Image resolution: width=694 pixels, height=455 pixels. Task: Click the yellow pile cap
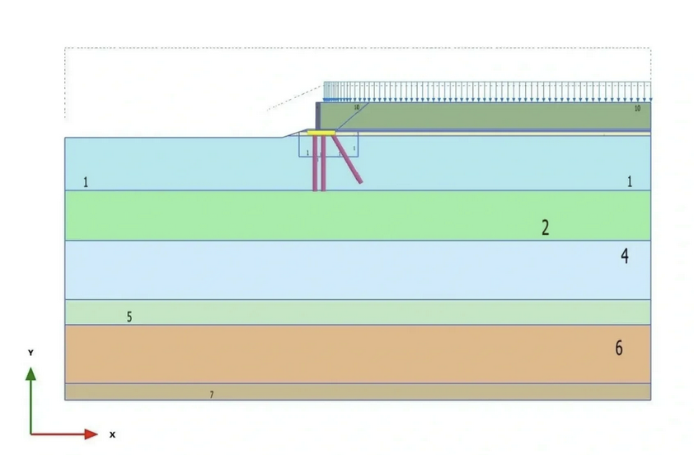tap(320, 132)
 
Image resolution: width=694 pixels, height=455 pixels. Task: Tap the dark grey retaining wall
tap(317, 115)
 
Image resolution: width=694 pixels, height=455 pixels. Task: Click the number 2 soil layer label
tap(545, 227)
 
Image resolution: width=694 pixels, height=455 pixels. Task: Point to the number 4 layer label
tap(625, 256)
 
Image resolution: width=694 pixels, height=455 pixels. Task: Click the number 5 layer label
tap(129, 317)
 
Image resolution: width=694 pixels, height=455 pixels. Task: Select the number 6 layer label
tap(619, 348)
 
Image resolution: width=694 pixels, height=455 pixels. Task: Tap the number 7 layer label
tap(211, 396)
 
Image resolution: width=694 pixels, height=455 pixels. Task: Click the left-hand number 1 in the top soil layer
tap(86, 181)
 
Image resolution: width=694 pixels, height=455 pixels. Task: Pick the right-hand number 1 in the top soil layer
tap(630, 181)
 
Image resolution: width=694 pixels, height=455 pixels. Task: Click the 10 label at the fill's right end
tap(637, 108)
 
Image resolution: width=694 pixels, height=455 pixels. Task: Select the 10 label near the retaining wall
tap(356, 107)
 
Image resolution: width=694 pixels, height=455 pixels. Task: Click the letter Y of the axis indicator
tap(30, 353)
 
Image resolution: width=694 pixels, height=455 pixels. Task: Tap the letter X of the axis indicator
tap(112, 434)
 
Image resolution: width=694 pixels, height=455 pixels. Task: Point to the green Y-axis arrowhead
tap(30, 373)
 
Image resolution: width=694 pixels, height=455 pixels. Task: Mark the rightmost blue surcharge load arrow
tap(649, 91)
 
